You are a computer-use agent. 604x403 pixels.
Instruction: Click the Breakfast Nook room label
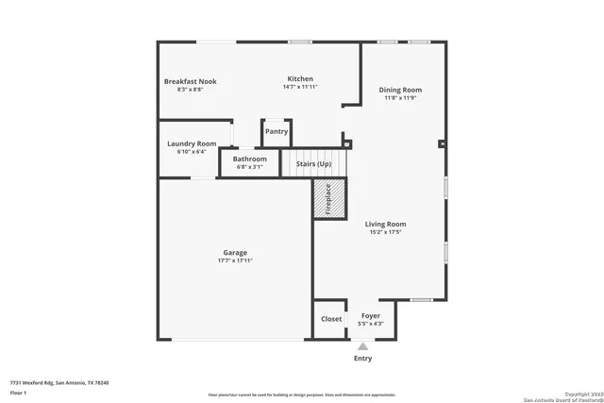point(190,81)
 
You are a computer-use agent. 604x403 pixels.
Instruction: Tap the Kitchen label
point(300,78)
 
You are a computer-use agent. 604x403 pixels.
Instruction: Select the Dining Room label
point(402,90)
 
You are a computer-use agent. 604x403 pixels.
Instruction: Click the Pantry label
point(277,132)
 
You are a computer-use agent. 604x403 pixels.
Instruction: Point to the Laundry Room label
point(196,143)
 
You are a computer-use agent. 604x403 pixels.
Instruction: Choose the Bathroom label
point(250,159)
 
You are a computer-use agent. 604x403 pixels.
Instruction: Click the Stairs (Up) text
point(314,163)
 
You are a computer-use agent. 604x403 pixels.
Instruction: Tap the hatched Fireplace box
point(328,200)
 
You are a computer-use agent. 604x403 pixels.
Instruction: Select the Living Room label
point(385,224)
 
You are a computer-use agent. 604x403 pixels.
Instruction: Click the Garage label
point(235,252)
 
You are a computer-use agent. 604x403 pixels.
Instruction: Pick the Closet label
point(331,319)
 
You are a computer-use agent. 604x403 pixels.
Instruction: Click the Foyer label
point(371,317)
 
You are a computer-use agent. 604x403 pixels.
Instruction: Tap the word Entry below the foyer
point(362,359)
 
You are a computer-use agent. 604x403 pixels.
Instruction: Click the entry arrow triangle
point(362,347)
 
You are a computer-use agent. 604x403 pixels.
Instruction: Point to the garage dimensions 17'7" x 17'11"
point(235,260)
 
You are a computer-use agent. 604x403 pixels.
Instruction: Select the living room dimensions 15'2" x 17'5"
point(385,231)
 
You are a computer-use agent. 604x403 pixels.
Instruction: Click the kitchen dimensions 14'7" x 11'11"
point(300,87)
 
